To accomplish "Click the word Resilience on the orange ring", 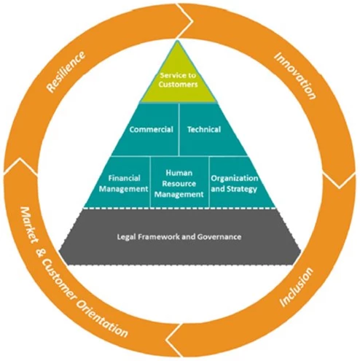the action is tap(66, 72).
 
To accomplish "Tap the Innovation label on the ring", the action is tap(295, 76).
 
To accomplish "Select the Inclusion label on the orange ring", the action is tap(297, 287).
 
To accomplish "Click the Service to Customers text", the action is tap(178, 79).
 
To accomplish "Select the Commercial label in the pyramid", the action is tap(151, 129).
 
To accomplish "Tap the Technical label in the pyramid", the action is tap(204, 129).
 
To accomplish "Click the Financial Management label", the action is tap(124, 184).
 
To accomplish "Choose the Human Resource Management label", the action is tap(179, 184).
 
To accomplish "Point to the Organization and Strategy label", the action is tap(235, 184).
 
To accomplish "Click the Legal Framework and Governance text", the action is tap(179, 236).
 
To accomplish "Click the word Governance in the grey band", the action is tap(219, 236).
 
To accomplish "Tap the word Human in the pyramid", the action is tap(179, 173).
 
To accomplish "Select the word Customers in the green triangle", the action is tap(178, 85).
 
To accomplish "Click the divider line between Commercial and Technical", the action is tap(179, 129).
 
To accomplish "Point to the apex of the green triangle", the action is tap(178, 40).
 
